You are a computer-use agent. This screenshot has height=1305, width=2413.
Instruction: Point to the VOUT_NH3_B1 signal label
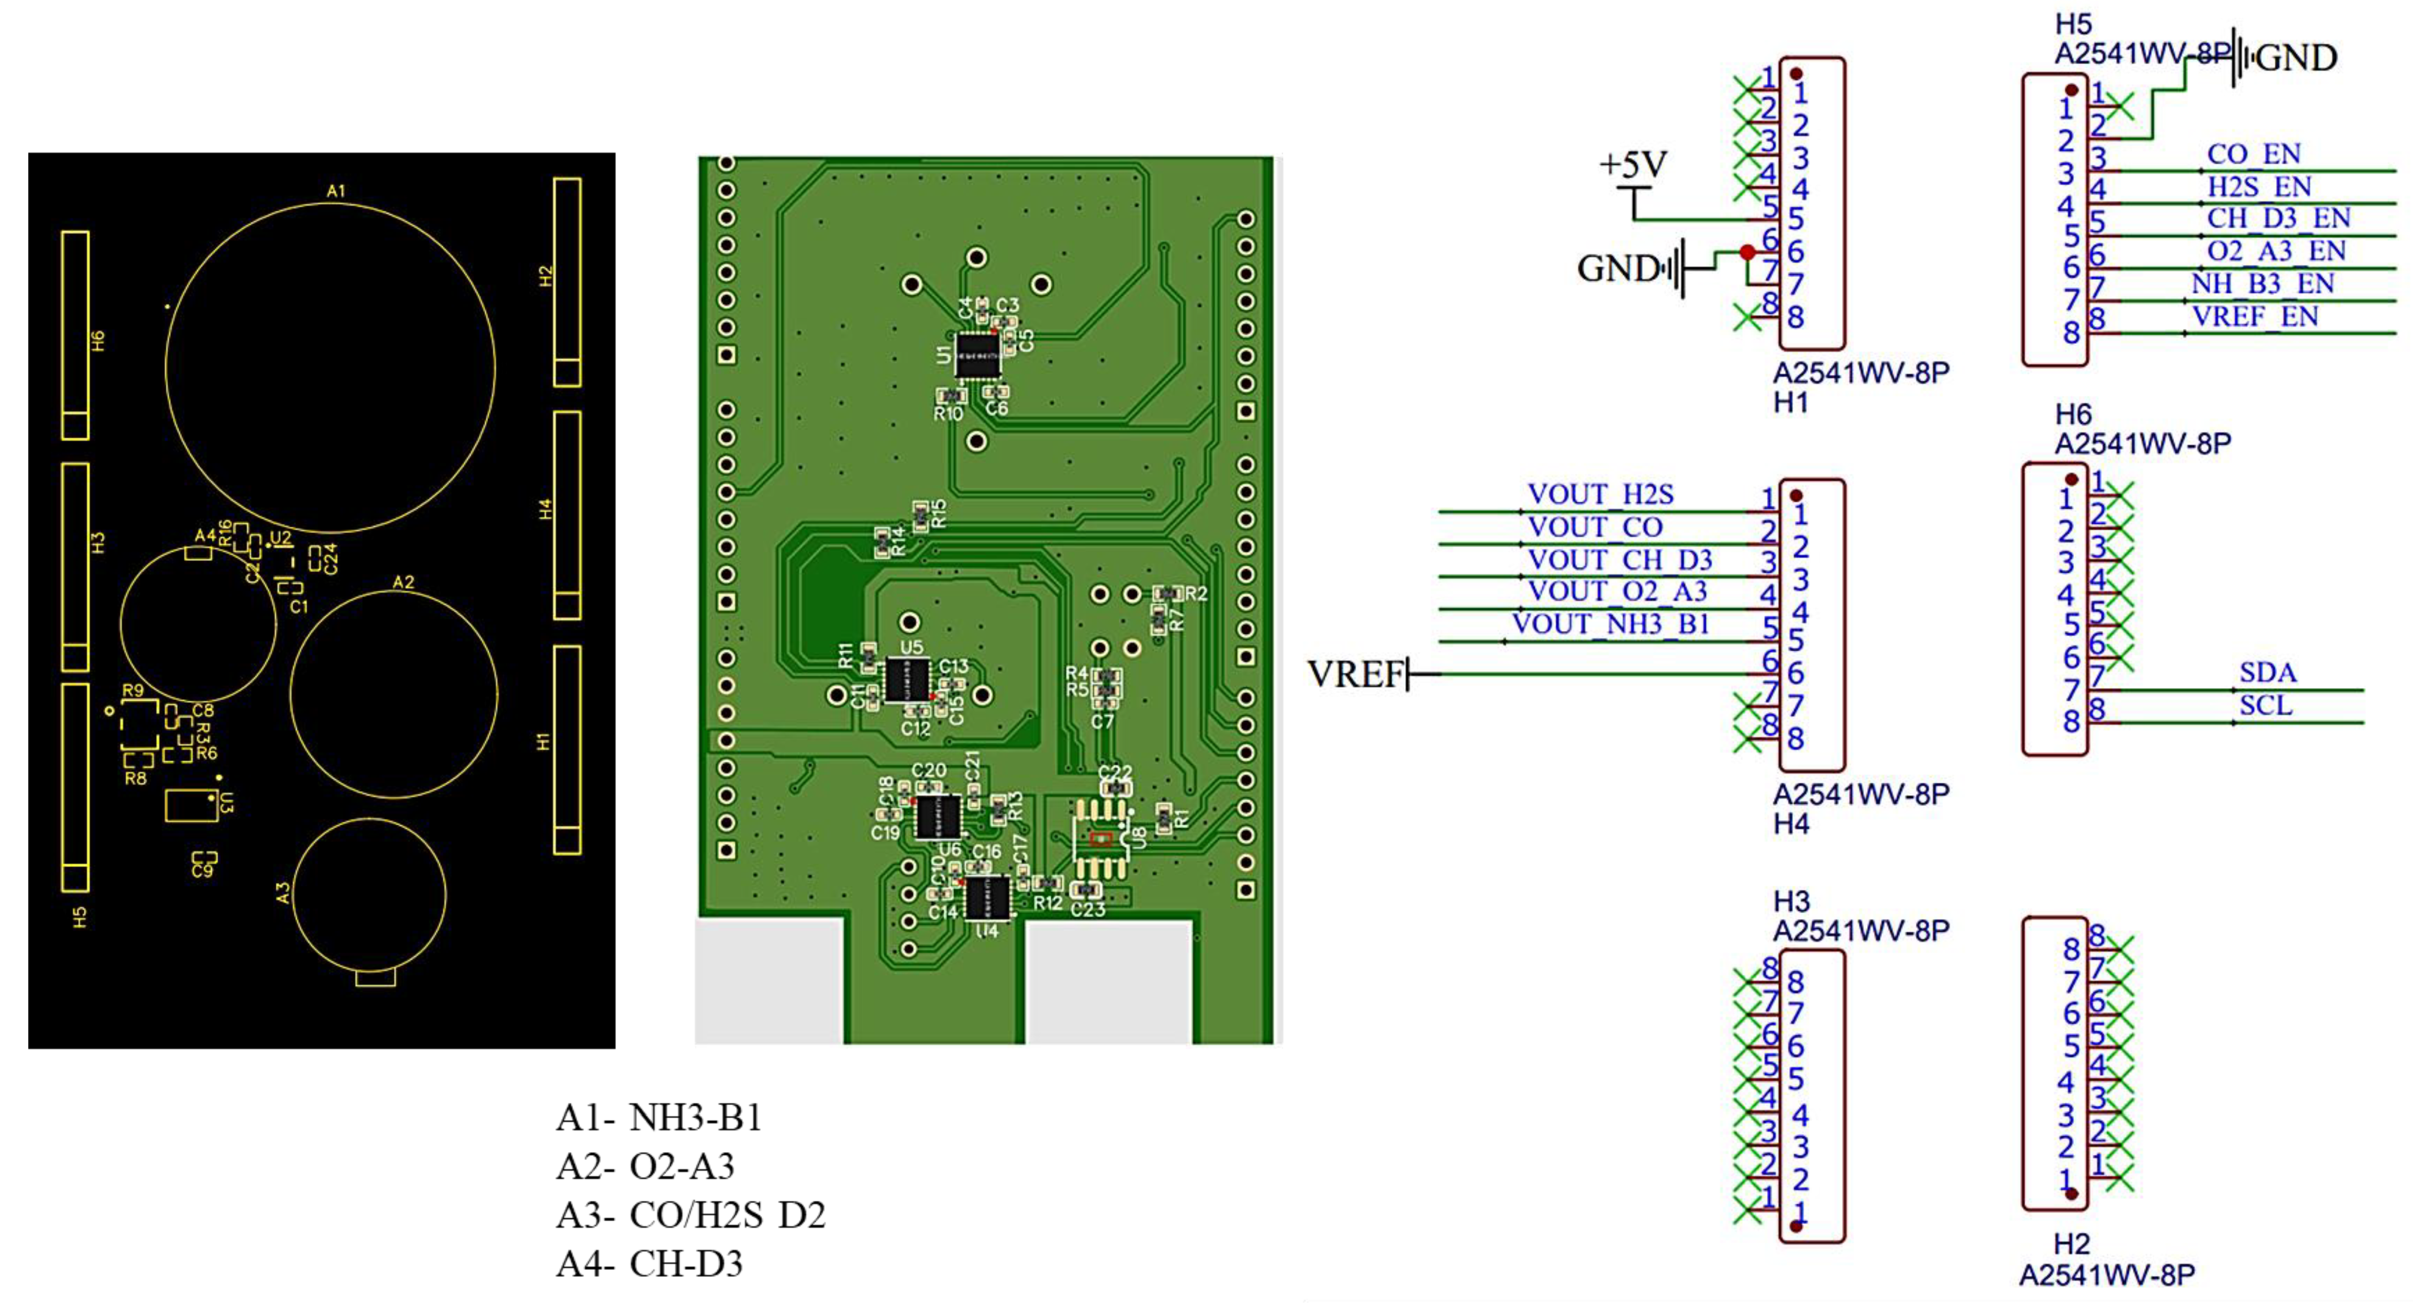pos(1610,624)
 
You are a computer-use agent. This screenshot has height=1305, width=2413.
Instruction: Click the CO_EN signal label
pos(2253,153)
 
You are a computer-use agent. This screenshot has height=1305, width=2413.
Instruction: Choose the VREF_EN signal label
pos(2254,317)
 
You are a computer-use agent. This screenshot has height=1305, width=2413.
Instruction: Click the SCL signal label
pos(2265,705)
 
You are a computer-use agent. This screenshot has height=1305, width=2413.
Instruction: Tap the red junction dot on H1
pos(1747,252)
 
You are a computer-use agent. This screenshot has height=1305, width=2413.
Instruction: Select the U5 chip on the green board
pos(907,679)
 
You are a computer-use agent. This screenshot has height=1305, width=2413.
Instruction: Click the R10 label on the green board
pos(948,413)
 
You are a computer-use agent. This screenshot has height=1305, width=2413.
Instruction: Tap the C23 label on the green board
pos(1088,909)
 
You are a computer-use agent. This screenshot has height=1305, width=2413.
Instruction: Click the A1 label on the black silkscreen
pos(335,191)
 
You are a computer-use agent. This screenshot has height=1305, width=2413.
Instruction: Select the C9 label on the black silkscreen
pos(202,871)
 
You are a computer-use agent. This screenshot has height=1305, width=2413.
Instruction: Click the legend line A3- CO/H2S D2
pos(690,1215)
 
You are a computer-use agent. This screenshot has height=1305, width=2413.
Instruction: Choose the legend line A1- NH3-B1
pos(658,1118)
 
